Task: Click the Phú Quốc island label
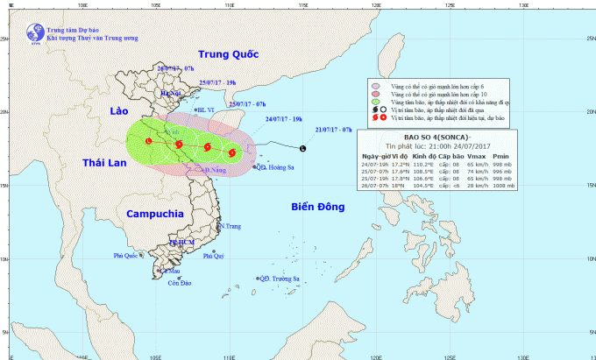[x=126, y=256]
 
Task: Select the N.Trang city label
[x=230, y=226]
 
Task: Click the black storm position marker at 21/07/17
[x=302, y=148]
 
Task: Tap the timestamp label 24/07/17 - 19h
[x=285, y=118]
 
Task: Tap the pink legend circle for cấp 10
[x=375, y=95]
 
